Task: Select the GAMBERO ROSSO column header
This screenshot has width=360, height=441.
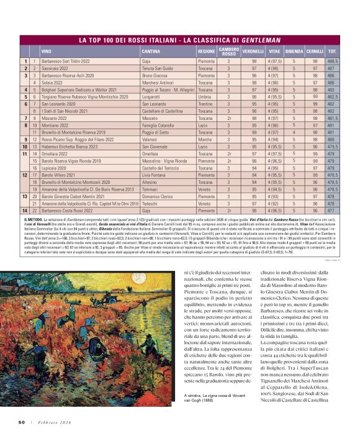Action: (x=228, y=50)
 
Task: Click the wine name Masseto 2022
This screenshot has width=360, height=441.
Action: (x=55, y=117)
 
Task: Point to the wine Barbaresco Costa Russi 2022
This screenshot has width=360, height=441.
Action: (x=70, y=211)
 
